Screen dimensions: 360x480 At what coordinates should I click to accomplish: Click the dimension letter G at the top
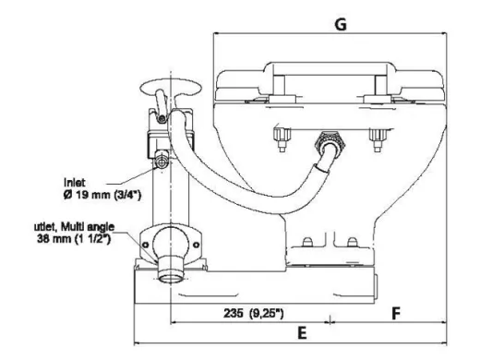[339, 26]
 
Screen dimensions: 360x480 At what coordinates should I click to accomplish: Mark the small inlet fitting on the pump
[163, 161]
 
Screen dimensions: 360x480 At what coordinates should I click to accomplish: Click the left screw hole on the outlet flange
[146, 242]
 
